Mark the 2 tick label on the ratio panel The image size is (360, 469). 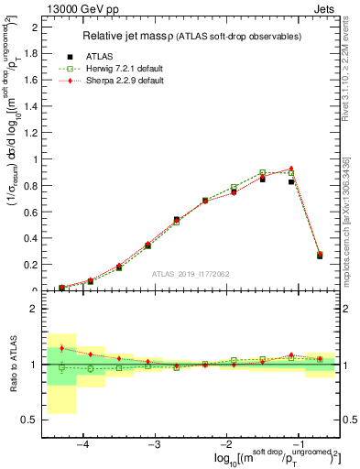click(x=36, y=309)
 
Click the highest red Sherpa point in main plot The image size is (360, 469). click(x=291, y=169)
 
